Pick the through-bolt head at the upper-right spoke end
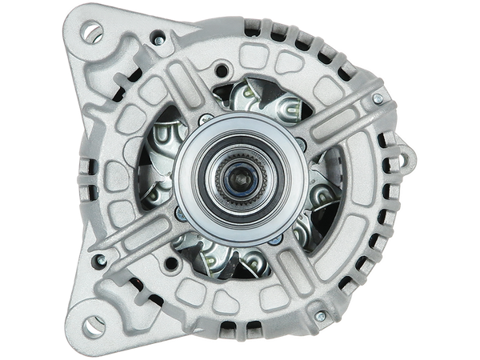click(x=377, y=98)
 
